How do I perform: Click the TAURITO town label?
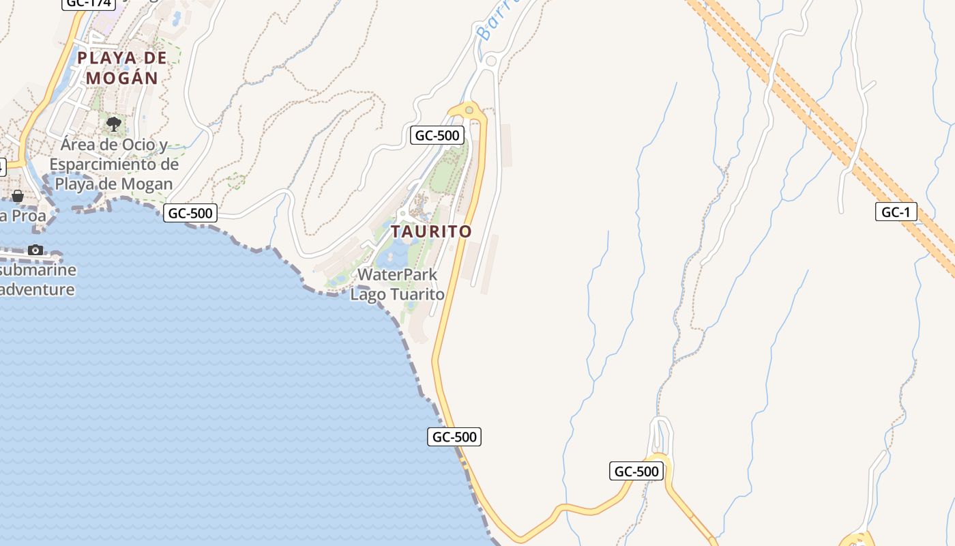click(431, 231)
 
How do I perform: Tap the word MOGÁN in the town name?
click(122, 78)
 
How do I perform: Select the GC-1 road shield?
click(896, 212)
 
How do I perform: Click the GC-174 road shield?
click(88, 3)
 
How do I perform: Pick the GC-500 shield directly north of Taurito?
click(437, 135)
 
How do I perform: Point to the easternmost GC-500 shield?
click(636, 471)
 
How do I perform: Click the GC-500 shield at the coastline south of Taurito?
click(454, 437)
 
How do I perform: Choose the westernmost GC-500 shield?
click(190, 213)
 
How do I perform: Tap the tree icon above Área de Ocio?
click(114, 124)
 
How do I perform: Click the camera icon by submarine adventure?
click(35, 250)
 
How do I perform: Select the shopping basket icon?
click(18, 196)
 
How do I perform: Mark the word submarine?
click(38, 270)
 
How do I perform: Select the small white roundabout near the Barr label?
click(490, 61)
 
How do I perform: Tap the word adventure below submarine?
click(38, 289)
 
